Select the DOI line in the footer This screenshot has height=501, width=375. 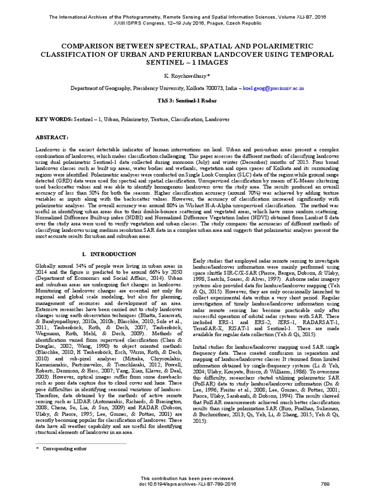coord(187,484)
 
